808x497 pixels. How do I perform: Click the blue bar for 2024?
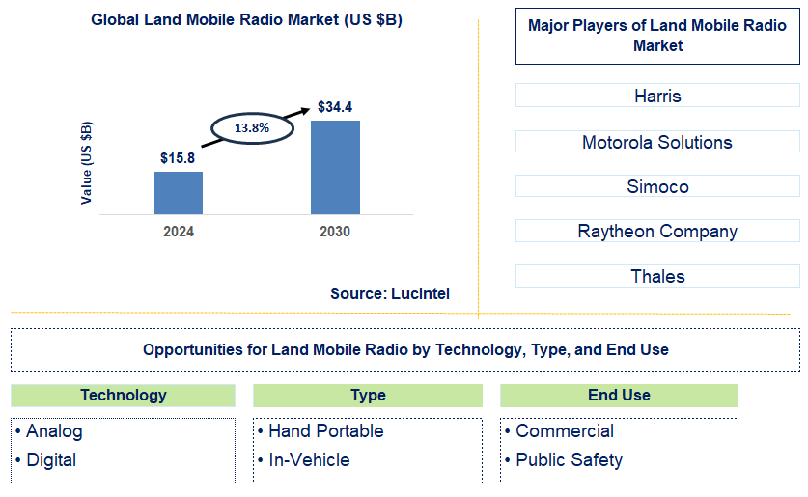(179, 193)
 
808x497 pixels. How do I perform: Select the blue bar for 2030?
(334, 167)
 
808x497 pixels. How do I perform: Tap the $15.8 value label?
(179, 157)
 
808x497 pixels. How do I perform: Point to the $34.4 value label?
(335, 107)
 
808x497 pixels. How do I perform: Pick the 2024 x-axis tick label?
(179, 232)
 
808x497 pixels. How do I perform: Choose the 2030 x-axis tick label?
(334, 232)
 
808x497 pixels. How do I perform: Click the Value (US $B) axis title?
(87, 162)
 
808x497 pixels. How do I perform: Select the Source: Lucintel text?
(389, 293)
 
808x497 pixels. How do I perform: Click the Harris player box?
(657, 96)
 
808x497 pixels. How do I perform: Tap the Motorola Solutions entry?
(657, 142)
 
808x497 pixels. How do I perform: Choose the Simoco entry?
(657, 186)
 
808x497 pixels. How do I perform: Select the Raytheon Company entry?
(657, 231)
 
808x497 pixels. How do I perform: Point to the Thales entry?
(657, 276)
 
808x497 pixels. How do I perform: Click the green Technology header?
(124, 395)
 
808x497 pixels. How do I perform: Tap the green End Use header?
(619, 395)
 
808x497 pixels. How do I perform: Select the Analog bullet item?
(54, 431)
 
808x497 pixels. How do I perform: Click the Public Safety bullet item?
(568, 460)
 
